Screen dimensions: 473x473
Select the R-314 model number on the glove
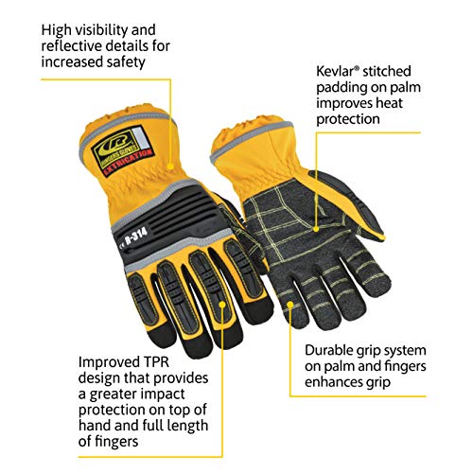pos(136,236)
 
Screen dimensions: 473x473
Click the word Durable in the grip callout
pos(330,350)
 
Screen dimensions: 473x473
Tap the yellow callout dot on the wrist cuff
pos(170,166)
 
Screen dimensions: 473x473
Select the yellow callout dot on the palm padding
pos(316,229)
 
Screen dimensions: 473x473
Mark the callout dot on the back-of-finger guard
pos(222,305)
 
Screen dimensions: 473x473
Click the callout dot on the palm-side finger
pos(290,304)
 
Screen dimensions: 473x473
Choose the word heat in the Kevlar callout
pos(389,103)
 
